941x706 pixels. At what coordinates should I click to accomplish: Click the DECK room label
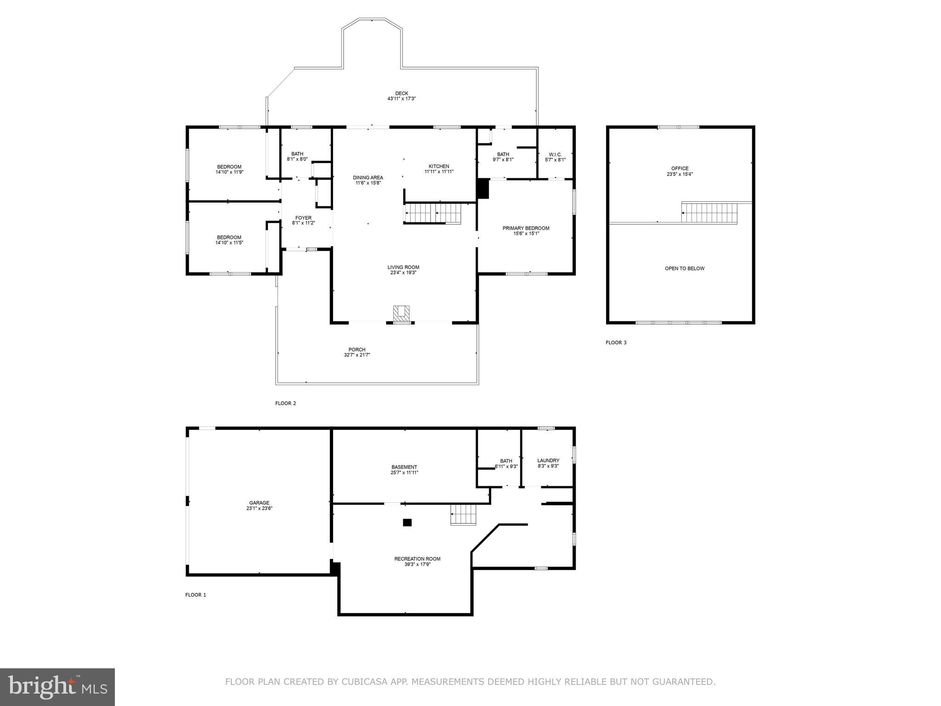401,93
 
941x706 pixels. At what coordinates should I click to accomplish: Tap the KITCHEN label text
439,166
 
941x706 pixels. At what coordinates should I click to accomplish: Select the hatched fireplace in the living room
401,313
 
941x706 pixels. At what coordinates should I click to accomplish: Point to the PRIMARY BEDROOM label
526,228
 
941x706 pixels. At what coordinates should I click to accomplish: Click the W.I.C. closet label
555,154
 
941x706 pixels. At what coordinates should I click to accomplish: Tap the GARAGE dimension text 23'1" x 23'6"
259,508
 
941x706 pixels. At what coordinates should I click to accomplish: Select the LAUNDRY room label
548,461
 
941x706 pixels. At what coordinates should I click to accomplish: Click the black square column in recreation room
407,522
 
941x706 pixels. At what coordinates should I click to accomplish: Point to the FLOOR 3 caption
616,342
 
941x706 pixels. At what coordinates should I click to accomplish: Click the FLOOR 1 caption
195,595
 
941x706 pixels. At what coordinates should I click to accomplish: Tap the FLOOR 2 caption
285,404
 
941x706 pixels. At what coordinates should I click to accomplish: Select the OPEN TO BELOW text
684,268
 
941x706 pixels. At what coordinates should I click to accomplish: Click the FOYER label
303,218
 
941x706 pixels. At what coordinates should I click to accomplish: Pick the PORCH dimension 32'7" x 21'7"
357,355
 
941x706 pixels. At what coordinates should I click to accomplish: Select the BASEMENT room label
404,467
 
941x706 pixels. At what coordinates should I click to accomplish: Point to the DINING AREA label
368,178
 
